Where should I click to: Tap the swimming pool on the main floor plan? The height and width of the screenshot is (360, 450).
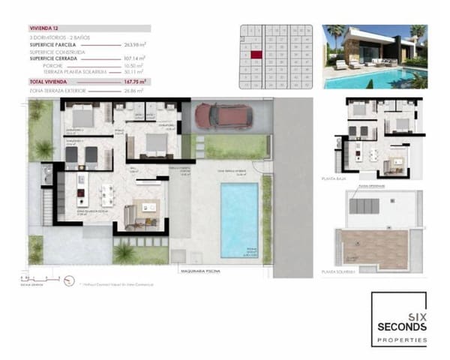pyautogui.click(x=238, y=220)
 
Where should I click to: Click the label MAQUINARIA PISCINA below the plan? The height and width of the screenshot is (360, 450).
pyautogui.click(x=199, y=271)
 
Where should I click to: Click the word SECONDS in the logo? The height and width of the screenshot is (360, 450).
pyautogui.click(x=399, y=327)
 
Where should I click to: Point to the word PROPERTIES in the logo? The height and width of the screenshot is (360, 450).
pyautogui.click(x=399, y=340)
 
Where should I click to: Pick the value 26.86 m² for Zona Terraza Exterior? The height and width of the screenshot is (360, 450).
pyautogui.click(x=133, y=90)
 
